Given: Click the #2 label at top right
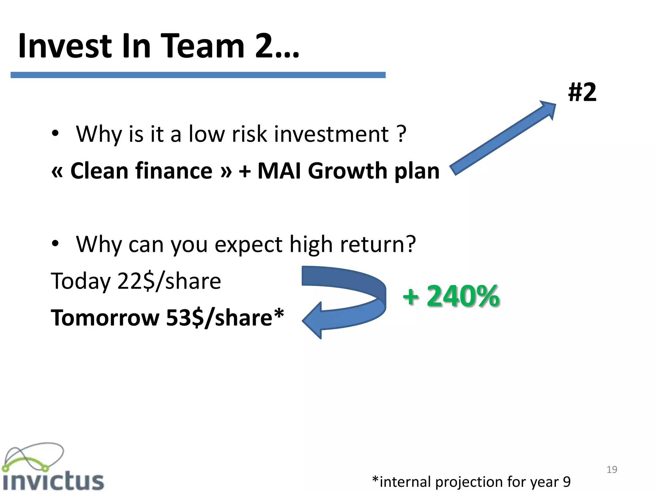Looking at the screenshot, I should pyautogui.click(x=582, y=92).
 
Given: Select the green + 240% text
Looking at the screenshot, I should pyautogui.click(x=451, y=296).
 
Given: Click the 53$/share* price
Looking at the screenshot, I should pyautogui.click(x=225, y=318).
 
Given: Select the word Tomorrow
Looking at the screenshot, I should pyautogui.click(x=105, y=318).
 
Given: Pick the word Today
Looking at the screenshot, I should pyautogui.click(x=81, y=281).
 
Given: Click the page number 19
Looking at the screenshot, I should pyautogui.click(x=612, y=470).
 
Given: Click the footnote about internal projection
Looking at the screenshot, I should pyautogui.click(x=471, y=482).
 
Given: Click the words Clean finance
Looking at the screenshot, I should pyautogui.click(x=141, y=171).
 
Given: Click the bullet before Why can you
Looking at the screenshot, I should pyautogui.click(x=55, y=243).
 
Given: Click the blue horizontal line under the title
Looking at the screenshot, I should pyautogui.click(x=198, y=75).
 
